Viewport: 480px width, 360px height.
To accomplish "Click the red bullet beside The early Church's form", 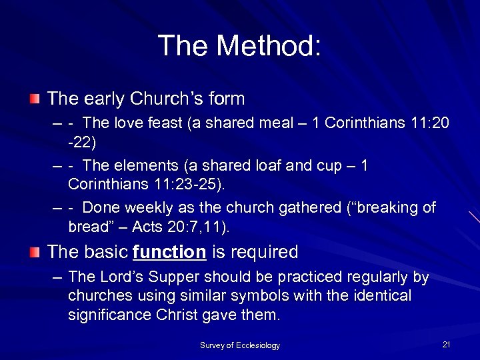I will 35,99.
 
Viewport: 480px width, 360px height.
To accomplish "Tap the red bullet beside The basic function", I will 35,252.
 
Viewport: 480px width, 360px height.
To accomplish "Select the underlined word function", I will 170,252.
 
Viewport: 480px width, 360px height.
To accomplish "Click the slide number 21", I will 446,344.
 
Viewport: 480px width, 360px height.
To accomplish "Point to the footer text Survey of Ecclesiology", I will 240,345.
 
